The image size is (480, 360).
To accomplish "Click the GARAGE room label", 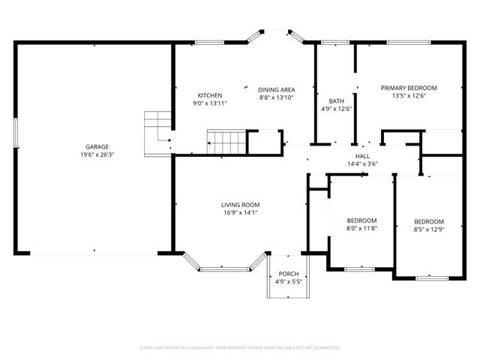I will click(x=97, y=146).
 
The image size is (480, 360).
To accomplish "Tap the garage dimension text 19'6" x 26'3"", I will click(x=97, y=154).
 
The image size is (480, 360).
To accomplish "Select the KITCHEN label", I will click(x=209, y=95).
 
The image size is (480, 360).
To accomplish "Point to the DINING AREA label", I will click(x=277, y=89).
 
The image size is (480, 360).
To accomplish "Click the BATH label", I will click(x=336, y=101).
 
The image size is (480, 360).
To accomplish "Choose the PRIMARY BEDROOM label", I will click(x=408, y=88).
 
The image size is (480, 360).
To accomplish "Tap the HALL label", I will click(x=362, y=156).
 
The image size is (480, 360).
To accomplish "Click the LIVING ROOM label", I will click(x=240, y=205).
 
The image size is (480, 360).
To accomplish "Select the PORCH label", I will click(x=288, y=274).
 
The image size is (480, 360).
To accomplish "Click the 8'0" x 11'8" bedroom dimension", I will click(x=361, y=229).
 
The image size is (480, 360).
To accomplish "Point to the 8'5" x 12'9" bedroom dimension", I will click(x=429, y=230).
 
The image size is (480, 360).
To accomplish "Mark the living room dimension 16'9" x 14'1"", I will click(x=240, y=213).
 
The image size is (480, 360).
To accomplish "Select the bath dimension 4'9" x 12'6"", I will click(x=336, y=109).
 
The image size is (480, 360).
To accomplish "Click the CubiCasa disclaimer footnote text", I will click(x=240, y=348).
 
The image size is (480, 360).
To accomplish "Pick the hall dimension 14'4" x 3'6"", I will click(x=362, y=164).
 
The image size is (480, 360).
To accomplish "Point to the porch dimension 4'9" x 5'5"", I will click(x=288, y=282).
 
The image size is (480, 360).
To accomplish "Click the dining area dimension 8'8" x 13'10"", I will click(x=277, y=97).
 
